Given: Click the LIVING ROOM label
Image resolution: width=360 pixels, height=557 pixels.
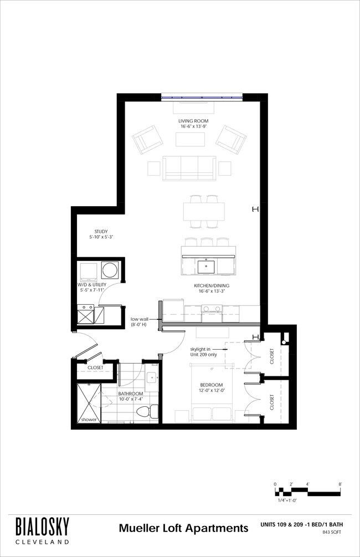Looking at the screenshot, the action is click(x=193, y=121).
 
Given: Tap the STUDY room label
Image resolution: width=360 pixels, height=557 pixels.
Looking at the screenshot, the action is click(x=101, y=232).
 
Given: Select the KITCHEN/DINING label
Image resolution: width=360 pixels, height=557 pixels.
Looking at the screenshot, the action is click(x=211, y=285).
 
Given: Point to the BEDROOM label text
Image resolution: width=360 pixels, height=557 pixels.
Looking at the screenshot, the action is click(x=211, y=385).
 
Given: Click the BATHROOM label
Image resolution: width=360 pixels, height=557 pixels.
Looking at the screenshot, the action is click(x=131, y=394).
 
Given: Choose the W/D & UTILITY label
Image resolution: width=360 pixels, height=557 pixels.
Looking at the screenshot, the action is click(x=91, y=285).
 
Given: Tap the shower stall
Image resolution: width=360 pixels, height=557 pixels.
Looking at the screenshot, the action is click(x=89, y=402).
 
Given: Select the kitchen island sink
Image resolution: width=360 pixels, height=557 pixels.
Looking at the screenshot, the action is click(x=205, y=266).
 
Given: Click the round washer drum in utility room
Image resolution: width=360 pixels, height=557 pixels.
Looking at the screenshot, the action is click(x=110, y=270).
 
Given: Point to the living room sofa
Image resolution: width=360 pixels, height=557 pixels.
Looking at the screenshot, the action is click(x=189, y=168).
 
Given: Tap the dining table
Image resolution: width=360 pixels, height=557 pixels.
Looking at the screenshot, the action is click(x=204, y=211).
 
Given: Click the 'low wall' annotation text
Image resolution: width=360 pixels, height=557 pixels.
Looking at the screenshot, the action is click(x=139, y=319).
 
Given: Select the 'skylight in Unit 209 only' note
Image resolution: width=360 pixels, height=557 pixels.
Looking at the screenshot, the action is click(x=203, y=352).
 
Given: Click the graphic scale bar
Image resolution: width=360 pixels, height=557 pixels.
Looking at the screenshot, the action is click(x=308, y=491).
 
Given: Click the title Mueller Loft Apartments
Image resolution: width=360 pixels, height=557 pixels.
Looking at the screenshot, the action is click(x=183, y=528).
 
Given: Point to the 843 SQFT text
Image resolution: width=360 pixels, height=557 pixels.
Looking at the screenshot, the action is click(x=333, y=532).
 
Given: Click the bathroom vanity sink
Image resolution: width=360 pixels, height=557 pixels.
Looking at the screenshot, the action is click(x=153, y=378).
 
